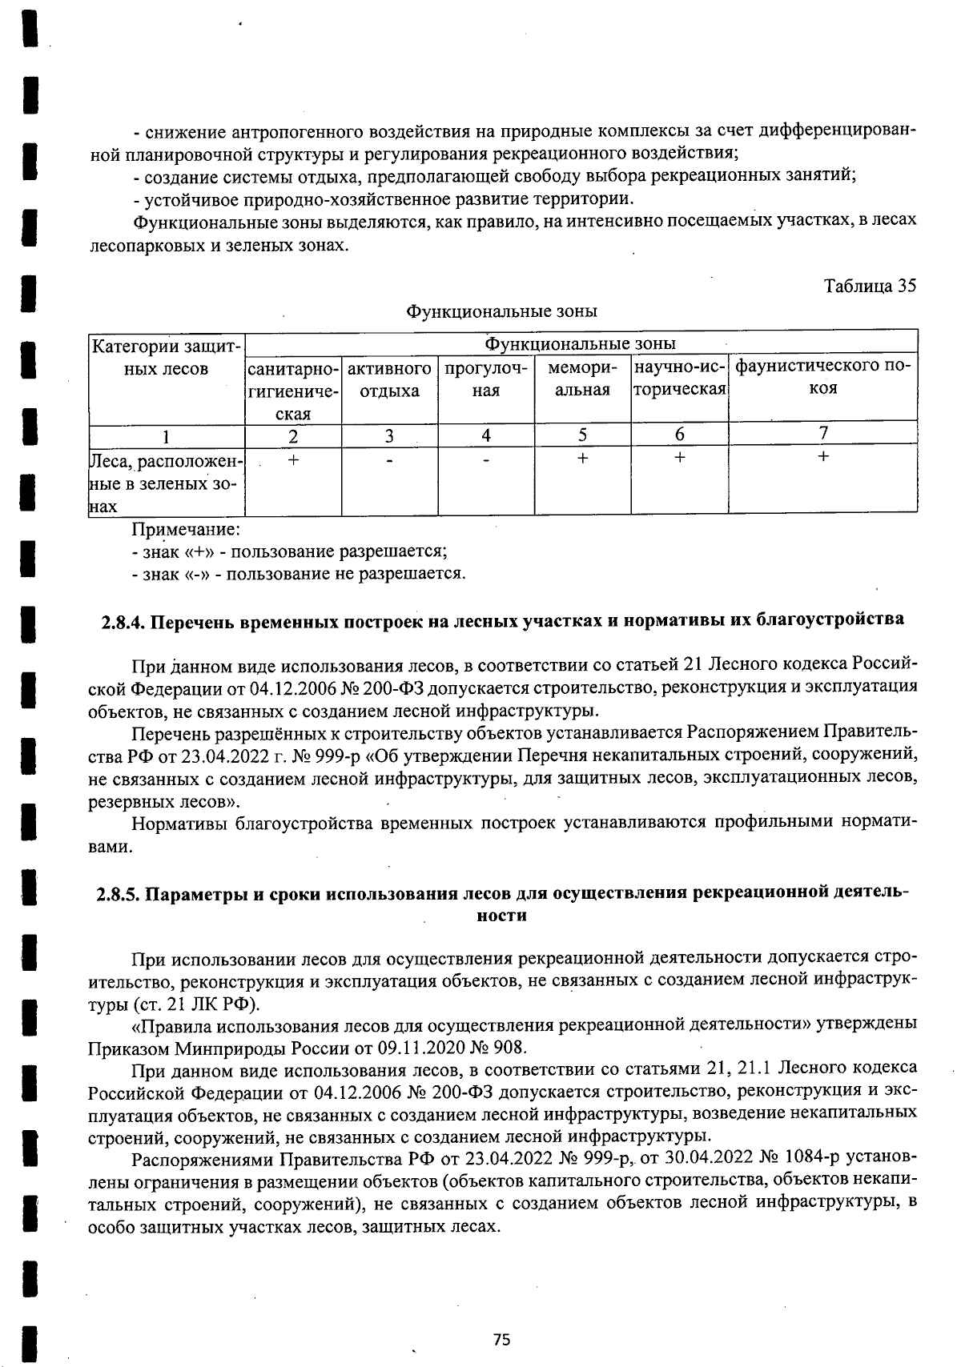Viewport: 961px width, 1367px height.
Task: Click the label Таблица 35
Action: [x=870, y=286]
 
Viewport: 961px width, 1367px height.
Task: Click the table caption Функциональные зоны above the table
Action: [x=501, y=311]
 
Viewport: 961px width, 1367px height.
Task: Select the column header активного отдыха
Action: [x=389, y=379]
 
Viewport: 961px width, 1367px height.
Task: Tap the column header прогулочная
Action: [x=485, y=379]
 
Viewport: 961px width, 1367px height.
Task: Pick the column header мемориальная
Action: [x=582, y=379]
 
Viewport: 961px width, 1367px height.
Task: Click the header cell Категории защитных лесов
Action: [x=166, y=358]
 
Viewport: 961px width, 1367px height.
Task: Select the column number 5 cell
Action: [x=582, y=435]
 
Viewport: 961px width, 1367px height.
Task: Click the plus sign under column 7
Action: [x=822, y=457]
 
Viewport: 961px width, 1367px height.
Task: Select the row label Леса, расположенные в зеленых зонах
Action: [x=166, y=483]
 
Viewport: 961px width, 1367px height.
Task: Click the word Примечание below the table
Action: [x=186, y=530]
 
